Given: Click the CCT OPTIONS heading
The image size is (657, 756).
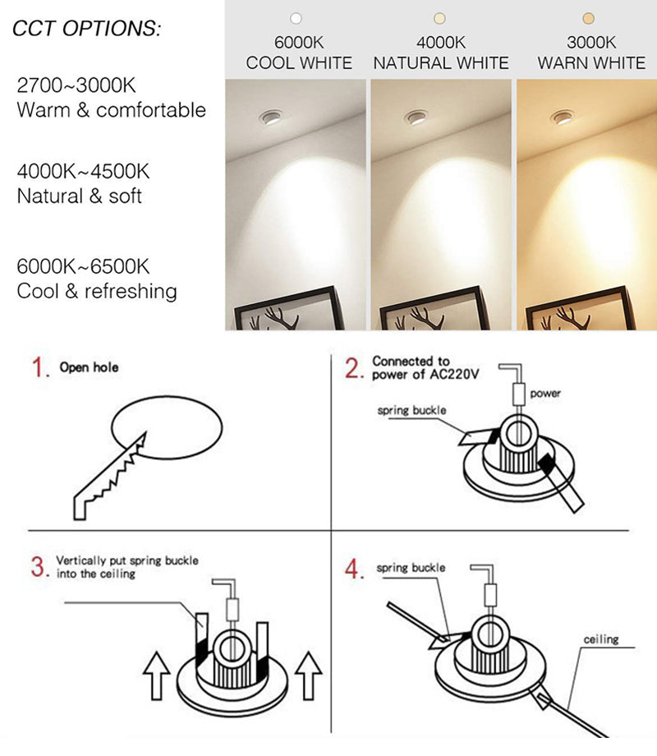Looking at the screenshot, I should click(87, 29).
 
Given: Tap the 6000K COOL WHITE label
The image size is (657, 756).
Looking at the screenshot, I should click(299, 53).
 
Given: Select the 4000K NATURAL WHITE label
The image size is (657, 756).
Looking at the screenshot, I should click(441, 53).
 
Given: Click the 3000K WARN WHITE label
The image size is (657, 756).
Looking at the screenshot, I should click(591, 53).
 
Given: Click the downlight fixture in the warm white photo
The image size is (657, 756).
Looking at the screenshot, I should click(562, 118).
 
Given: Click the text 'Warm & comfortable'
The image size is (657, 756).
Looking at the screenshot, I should click(111, 110).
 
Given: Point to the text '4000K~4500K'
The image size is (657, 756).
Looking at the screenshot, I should click(83, 172).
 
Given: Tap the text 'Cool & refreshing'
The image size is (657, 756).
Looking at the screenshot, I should click(97, 291).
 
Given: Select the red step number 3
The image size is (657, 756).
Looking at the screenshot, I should click(38, 568).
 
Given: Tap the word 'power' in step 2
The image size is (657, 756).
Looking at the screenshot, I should click(545, 394).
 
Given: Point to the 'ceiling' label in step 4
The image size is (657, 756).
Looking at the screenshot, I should click(600, 638).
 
